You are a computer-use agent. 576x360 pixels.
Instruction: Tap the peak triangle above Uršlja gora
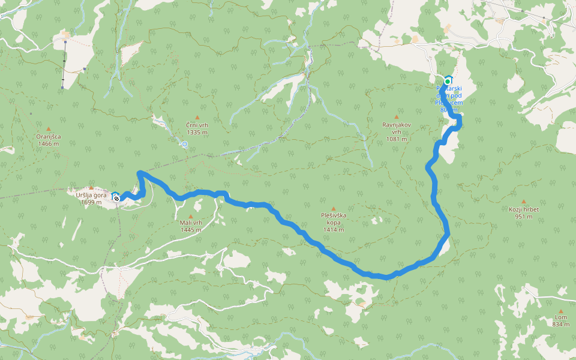click(91, 188)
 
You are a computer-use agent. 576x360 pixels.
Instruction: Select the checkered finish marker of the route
click(116, 198)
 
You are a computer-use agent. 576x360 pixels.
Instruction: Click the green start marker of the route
click(448, 81)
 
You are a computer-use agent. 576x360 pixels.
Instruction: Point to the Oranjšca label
click(48, 140)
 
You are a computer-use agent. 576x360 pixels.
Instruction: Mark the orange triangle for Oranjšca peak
click(48, 129)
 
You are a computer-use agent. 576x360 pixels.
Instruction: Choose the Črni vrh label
click(197, 128)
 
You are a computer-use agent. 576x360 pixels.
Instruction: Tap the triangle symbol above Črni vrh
click(197, 118)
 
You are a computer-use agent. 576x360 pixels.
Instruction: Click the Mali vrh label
click(191, 226)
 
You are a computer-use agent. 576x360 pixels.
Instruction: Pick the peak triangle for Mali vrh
click(191, 216)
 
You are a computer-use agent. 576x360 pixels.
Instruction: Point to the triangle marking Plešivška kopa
click(334, 208)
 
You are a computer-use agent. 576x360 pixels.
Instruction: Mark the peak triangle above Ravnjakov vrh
click(396, 117)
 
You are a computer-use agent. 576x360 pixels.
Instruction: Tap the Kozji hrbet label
click(523, 212)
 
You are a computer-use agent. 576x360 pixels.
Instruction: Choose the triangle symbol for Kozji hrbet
click(523, 202)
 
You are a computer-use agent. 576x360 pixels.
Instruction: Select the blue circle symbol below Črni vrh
click(185, 144)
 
